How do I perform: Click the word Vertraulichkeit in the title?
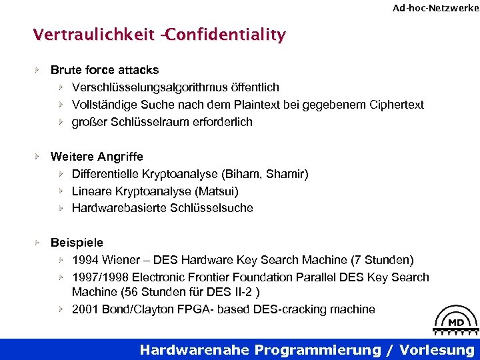[x=93, y=34]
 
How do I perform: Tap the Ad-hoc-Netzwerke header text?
[x=435, y=8]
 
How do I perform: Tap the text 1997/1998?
[x=98, y=277]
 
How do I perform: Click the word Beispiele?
[x=77, y=243]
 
